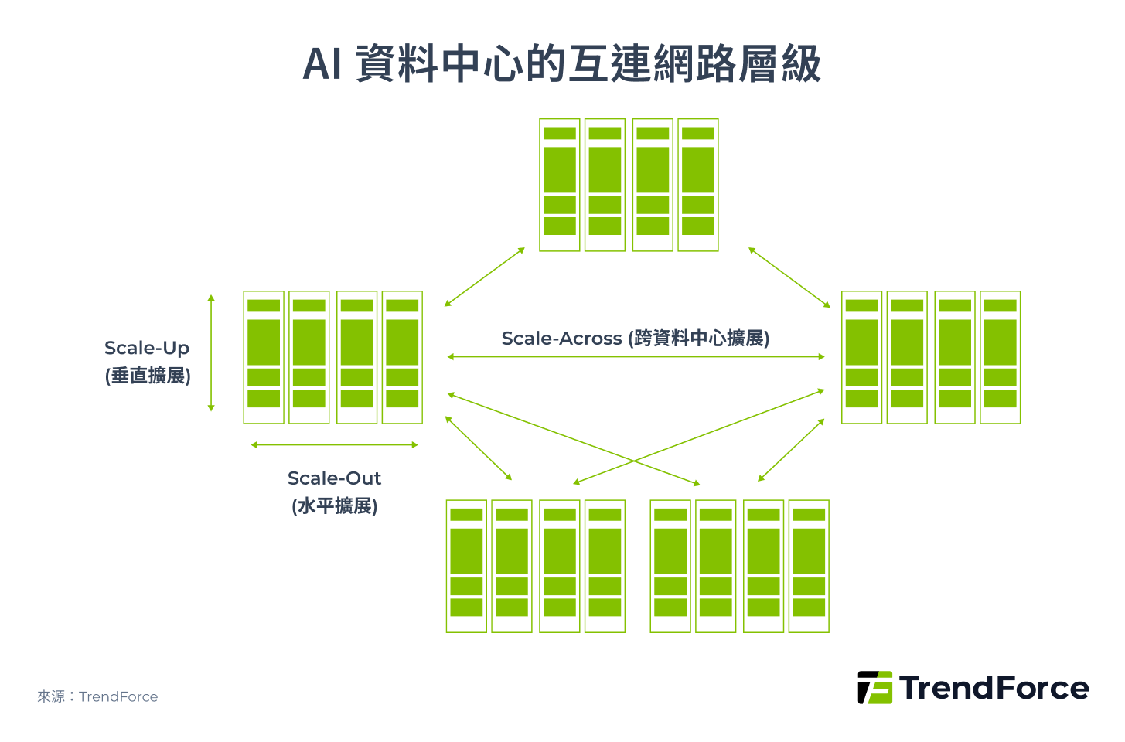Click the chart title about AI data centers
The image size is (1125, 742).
pos(562,64)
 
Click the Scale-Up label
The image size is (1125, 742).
pos(147,349)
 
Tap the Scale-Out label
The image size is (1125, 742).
pos(334,478)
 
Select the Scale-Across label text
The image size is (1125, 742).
pos(635,339)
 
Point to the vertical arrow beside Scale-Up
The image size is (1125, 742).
pos(211,352)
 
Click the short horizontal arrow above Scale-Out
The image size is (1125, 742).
pos(334,445)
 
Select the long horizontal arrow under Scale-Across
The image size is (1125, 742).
pos(636,357)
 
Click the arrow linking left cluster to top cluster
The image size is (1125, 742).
pos(485,277)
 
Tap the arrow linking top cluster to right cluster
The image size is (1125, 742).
pos(789,277)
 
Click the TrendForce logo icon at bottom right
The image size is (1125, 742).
pos(874,687)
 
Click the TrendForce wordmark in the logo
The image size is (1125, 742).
pos(994,688)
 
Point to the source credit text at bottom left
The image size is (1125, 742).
pos(97,696)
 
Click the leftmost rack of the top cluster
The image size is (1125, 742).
pos(559,185)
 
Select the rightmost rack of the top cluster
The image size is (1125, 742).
pos(698,185)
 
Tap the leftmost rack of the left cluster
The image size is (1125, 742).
pos(264,357)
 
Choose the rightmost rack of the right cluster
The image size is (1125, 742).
pos(1001,357)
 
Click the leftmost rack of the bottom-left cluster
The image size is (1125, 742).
pos(466,566)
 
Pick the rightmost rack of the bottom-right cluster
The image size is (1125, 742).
pos(809,566)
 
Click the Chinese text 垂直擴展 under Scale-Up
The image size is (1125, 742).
pos(148,376)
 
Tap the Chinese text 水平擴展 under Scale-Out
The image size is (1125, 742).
pos(335,506)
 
